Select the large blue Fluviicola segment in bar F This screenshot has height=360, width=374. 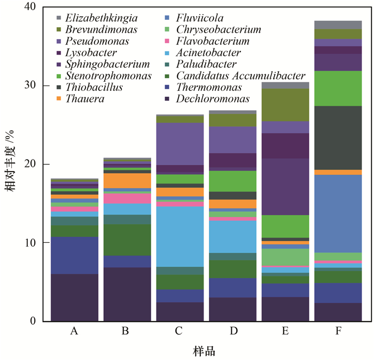[x=338, y=213]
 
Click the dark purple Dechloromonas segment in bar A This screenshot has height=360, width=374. [x=74, y=297]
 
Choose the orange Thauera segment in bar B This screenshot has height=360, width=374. [x=127, y=180]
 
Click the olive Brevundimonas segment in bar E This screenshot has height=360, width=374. [x=285, y=105]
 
